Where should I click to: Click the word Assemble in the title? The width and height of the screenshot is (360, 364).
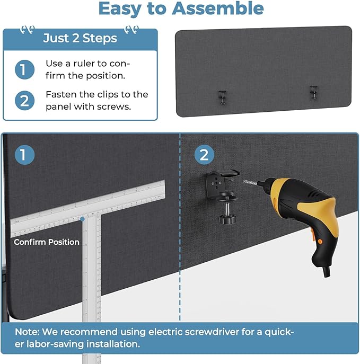coord(217,8)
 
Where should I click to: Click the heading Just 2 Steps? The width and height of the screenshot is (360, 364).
coord(80,38)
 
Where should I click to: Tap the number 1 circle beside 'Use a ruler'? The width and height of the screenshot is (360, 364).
coord(24,69)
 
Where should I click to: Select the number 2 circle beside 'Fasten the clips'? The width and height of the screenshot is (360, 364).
coord(24,101)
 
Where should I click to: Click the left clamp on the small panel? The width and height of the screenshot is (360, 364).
coord(223,97)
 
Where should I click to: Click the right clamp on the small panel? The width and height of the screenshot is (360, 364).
coord(313,93)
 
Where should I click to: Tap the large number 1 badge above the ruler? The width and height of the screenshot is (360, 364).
coord(24,155)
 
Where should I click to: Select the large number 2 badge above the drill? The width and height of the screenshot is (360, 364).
coord(204,155)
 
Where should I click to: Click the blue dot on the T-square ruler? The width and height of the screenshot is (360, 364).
coord(82,219)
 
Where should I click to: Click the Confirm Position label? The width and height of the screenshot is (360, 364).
coord(47,242)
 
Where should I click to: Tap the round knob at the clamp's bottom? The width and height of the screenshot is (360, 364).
coord(227,219)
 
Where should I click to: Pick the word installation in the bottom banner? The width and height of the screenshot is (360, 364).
coord(113,344)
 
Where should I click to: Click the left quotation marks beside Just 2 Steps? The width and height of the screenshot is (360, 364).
coord(28,30)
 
